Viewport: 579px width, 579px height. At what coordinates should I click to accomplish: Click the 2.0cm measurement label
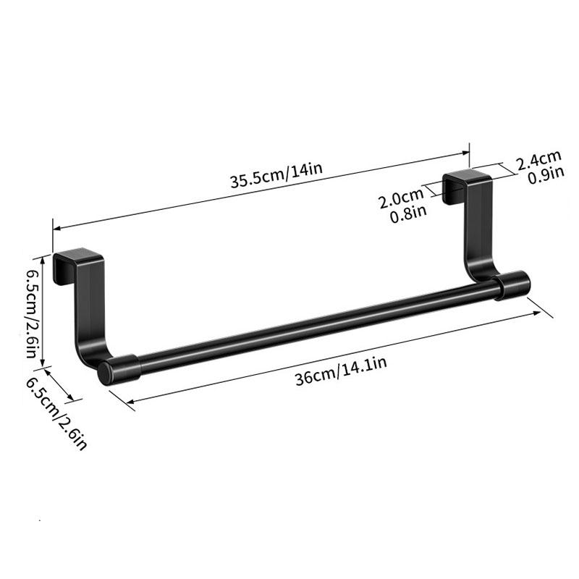pyautogui.click(x=401, y=198)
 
